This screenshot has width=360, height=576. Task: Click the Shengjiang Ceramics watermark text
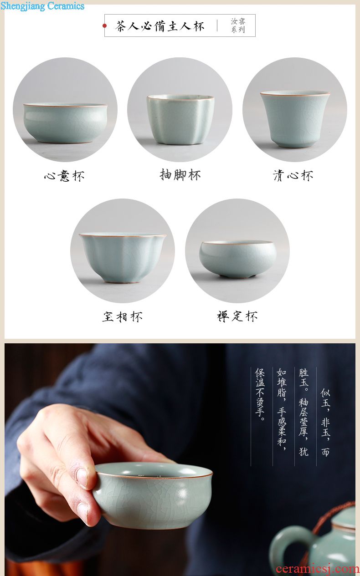pyautogui.click(x=42, y=5)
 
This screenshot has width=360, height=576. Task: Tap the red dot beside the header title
pyautogui.click(x=104, y=25)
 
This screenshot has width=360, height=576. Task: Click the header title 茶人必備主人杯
pyautogui.click(x=160, y=26)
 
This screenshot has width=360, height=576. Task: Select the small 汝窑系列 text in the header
pyautogui.click(x=238, y=25)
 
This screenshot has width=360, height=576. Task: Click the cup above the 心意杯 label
pyautogui.click(x=65, y=123)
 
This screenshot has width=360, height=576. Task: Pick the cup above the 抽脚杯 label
pyautogui.click(x=180, y=119)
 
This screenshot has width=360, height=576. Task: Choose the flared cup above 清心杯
pyautogui.click(x=295, y=119)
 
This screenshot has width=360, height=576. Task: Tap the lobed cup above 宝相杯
pyautogui.click(x=123, y=258)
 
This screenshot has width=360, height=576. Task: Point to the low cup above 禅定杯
pyautogui.click(x=237, y=259)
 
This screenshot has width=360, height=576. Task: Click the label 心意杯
pyautogui.click(x=64, y=176)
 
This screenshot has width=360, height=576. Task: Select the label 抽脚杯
pyautogui.click(x=180, y=175)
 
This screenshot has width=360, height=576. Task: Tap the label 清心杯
pyautogui.click(x=293, y=176)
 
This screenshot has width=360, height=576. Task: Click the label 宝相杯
pyautogui.click(x=123, y=316)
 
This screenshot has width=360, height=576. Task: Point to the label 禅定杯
pyautogui.click(x=237, y=316)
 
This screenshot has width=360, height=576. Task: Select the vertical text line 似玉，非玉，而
pyautogui.click(x=325, y=422)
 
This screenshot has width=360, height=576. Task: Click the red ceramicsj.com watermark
pyautogui.click(x=318, y=569)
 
